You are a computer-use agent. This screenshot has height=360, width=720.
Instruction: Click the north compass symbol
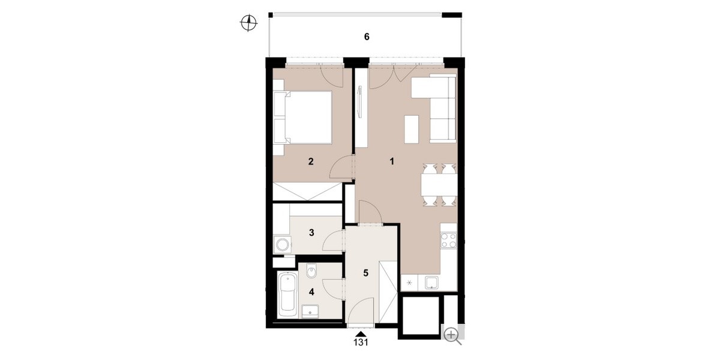[x=248, y=23]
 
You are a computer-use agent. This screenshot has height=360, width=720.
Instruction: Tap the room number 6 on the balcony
[x=367, y=37]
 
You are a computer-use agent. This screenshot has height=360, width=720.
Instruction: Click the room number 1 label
[x=391, y=161]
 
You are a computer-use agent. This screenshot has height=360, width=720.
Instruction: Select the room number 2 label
[x=311, y=161]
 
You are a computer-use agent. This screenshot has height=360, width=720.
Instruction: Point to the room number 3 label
[x=311, y=232]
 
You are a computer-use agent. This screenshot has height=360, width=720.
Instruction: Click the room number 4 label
[x=311, y=292]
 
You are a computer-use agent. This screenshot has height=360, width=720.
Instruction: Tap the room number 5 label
[x=365, y=273]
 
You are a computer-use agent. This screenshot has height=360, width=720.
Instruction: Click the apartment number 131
[x=361, y=343]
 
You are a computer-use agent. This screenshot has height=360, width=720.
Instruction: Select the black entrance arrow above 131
[x=361, y=334]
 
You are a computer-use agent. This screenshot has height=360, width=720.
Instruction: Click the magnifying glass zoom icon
[x=452, y=335]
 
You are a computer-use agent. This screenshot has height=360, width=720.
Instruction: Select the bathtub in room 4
[x=287, y=295]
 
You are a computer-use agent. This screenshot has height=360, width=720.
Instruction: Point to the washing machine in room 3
[x=283, y=245]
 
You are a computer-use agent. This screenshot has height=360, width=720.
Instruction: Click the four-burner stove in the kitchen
[x=449, y=241]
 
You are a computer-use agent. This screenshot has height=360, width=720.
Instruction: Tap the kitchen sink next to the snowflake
[x=431, y=283]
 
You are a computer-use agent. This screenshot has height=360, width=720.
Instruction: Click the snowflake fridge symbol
[x=409, y=283]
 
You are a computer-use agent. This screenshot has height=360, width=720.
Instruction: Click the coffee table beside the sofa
[x=412, y=129]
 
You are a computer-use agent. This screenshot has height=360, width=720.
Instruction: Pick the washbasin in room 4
[x=310, y=311]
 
